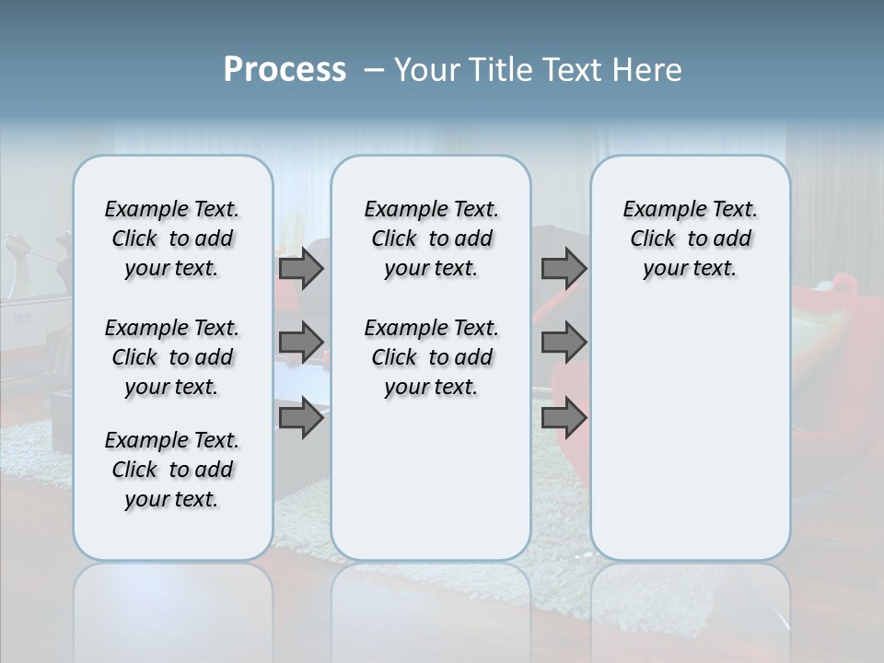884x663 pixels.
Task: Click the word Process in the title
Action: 285,70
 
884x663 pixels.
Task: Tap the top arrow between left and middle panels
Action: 300,268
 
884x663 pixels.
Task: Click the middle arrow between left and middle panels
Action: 300,343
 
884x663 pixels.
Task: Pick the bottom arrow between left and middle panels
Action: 300,418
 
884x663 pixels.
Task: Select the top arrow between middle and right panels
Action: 564,268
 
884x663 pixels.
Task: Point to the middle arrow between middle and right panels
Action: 564,343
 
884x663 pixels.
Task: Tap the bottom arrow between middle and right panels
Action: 564,418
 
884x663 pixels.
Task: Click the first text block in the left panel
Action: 172,238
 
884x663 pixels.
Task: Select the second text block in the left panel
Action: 172,357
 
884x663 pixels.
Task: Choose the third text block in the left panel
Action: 172,470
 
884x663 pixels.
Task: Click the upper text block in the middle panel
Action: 431,238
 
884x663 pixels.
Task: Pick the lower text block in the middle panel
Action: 431,357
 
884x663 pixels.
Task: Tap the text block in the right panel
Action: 691,238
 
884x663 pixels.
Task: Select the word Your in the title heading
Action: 425,70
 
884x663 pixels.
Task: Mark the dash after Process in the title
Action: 374,70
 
